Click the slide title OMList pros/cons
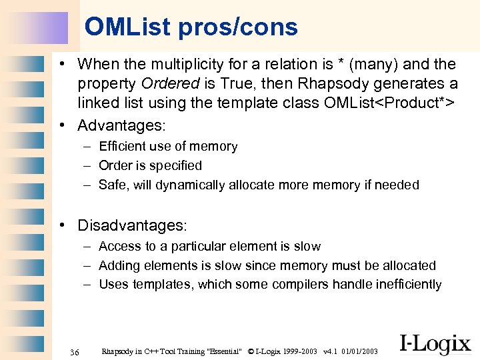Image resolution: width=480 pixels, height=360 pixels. pos(191,27)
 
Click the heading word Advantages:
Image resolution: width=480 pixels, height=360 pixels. pos(121,125)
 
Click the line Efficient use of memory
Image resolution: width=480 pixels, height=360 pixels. pos(168,147)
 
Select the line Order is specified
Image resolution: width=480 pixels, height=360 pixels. pos(150,165)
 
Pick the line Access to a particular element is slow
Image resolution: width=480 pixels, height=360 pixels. pos(209,247)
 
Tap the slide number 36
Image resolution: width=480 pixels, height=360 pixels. pos(74,352)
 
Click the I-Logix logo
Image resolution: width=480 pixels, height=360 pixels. pos(435,343)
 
